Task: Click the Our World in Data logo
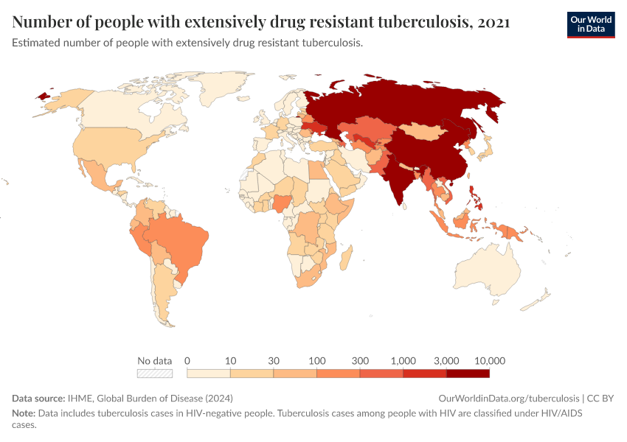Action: click(590, 24)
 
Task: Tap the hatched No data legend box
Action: click(155, 373)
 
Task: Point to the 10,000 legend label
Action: click(490, 361)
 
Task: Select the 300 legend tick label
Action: click(360, 361)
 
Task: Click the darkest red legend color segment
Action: click(468, 373)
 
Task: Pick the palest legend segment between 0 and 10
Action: click(208, 373)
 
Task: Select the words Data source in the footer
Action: click(38, 398)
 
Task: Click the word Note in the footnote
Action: click(24, 413)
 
